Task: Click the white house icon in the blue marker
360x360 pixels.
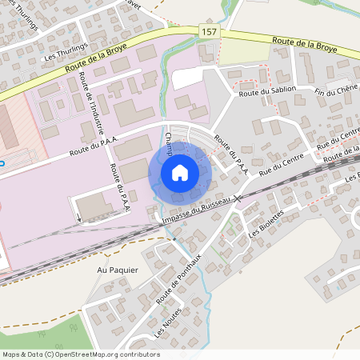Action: pos(180,173)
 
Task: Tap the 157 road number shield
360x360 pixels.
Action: pos(209,30)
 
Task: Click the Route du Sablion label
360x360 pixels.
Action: pos(267,91)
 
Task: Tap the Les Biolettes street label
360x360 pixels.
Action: pos(266,225)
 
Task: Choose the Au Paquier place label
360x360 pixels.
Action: pos(118,270)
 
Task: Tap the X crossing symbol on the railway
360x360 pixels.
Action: pos(237,198)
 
